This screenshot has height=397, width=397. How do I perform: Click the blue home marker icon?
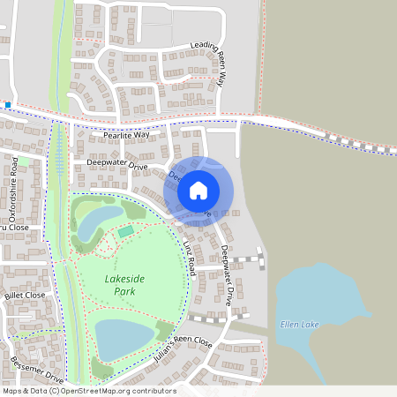point(198,190)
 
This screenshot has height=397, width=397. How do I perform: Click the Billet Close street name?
point(24,296)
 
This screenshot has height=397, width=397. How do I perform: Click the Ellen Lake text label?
point(299,325)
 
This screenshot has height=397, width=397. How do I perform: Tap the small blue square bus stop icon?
point(8,105)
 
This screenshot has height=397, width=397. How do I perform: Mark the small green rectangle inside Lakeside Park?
point(126,231)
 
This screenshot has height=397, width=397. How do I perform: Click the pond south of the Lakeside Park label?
point(124,339)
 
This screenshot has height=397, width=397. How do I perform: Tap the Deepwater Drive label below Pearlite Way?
point(116,164)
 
